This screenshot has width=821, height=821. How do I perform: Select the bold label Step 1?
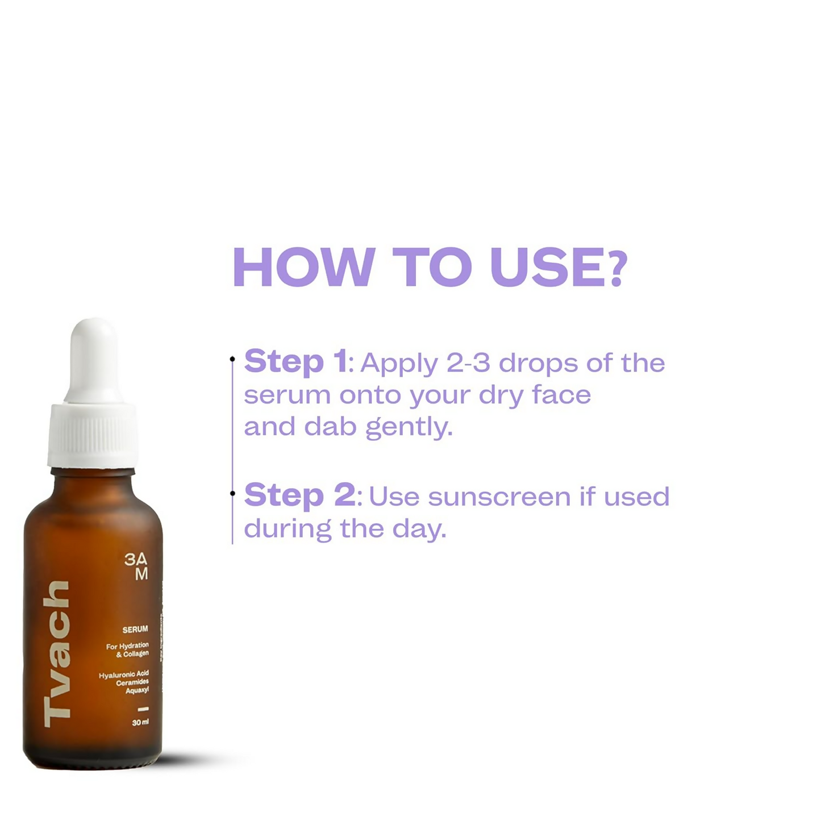click(295, 362)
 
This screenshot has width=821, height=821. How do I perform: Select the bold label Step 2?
click(300, 495)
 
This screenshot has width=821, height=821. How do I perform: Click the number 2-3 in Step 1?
click(468, 363)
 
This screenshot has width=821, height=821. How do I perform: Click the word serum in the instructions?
click(287, 395)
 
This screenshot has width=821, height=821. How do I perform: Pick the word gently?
click(409, 427)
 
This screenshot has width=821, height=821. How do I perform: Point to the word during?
click(287, 529)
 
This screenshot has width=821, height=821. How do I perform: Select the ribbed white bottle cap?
click(93, 435)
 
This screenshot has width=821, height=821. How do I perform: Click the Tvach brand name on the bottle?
click(57, 653)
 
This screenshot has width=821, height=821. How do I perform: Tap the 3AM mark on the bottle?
click(137, 566)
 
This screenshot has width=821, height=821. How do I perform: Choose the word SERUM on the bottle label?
click(135, 630)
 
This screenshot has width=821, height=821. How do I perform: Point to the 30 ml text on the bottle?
click(140, 723)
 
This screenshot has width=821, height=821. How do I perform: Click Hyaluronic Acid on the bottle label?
click(124, 674)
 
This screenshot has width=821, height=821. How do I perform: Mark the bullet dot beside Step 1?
click(232, 359)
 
